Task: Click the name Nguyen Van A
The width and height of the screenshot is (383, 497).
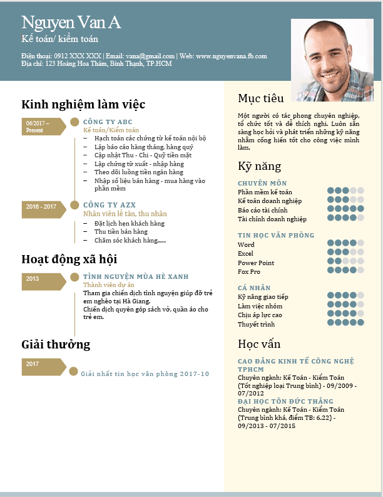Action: (x=71, y=23)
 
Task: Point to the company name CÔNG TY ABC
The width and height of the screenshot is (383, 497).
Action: (x=108, y=122)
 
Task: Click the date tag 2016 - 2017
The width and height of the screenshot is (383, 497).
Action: (x=42, y=206)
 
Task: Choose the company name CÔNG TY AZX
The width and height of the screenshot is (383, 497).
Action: (x=110, y=205)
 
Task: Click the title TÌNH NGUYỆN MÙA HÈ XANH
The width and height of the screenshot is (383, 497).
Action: (x=136, y=276)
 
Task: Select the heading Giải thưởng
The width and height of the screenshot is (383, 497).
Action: (x=56, y=344)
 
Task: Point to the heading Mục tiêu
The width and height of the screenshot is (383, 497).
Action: (x=261, y=98)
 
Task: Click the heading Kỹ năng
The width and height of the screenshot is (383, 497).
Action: (x=260, y=167)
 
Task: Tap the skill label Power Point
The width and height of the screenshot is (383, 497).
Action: (x=256, y=263)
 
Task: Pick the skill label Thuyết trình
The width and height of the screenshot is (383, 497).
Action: (x=256, y=324)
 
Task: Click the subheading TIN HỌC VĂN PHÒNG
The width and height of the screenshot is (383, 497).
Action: (x=276, y=235)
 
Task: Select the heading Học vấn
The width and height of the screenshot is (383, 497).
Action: (x=259, y=344)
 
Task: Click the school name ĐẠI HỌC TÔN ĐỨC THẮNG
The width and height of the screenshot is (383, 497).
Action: (x=285, y=401)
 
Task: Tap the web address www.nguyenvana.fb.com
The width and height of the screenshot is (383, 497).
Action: (x=232, y=56)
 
